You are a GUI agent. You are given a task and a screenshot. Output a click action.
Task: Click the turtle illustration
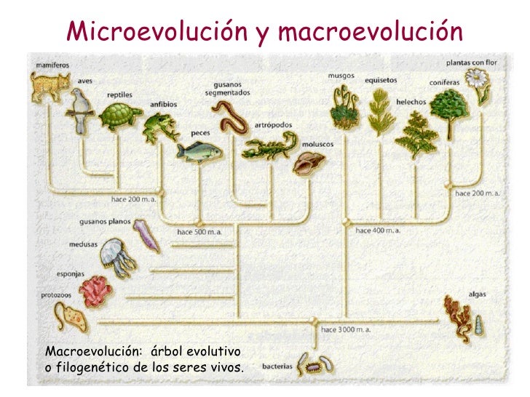click(x=122, y=116)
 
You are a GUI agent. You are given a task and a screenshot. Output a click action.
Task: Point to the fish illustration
click(x=197, y=152)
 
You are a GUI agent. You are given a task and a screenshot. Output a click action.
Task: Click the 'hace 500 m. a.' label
click(x=199, y=232)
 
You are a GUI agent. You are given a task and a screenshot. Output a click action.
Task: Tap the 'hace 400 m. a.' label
click(x=377, y=230)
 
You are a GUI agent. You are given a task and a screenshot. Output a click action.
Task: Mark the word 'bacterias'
click(x=277, y=366)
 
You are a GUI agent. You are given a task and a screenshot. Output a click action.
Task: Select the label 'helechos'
click(x=411, y=103)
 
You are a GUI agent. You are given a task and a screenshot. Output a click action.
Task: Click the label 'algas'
click(x=478, y=294)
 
